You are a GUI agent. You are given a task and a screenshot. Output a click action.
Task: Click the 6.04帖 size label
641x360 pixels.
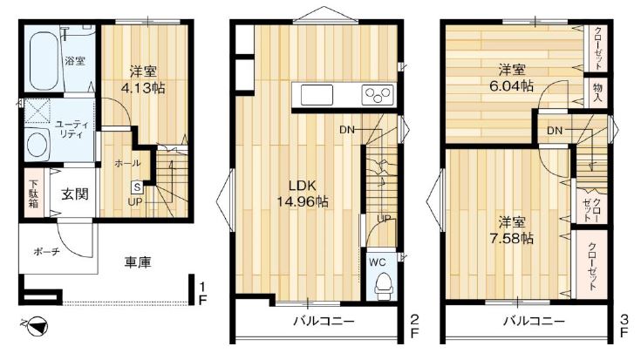[x=511, y=85]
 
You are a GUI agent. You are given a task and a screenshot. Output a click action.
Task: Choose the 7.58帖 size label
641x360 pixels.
[x=511, y=238]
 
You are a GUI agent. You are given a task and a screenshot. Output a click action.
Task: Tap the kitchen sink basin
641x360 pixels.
[x=317, y=95]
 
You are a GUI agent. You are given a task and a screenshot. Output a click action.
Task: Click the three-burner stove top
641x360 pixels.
[x=378, y=95]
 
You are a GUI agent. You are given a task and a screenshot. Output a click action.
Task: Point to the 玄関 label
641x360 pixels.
[x=75, y=194]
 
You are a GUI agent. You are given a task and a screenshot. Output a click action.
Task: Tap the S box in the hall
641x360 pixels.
[x=137, y=187]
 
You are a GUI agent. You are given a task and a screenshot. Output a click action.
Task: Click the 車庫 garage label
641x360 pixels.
[x=138, y=262]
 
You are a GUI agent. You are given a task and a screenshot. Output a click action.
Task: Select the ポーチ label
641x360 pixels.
[x=46, y=252]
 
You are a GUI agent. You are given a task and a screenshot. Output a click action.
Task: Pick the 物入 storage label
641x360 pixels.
[x=597, y=92]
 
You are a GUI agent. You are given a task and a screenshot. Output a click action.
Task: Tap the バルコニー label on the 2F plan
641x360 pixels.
[x=324, y=321]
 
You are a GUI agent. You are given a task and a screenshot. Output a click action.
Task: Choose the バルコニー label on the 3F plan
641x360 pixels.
[x=534, y=321]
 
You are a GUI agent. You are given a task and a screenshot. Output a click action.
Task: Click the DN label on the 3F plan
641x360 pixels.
[x=555, y=131]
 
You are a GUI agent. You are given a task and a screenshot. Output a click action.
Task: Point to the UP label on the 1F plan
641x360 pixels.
[x=135, y=202]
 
